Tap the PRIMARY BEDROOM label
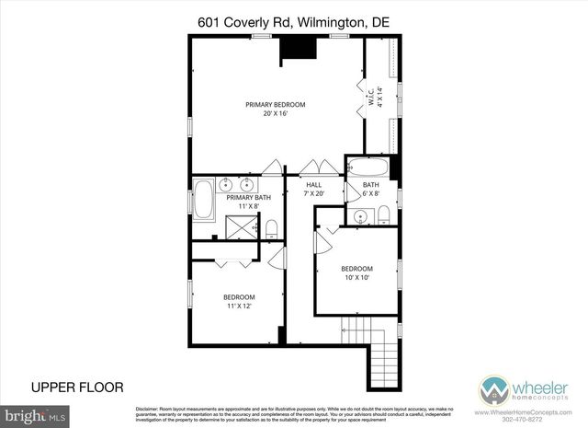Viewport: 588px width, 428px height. pos(275,105)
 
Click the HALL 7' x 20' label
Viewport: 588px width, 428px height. pos(314,190)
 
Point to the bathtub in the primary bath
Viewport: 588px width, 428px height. pos(201,200)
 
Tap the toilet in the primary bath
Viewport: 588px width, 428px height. pos(271,226)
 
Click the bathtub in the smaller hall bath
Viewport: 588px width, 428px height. pos(367,168)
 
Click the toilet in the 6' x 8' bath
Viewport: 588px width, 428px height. pos(383,216)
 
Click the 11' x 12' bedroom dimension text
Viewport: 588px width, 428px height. pos(239,307)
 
